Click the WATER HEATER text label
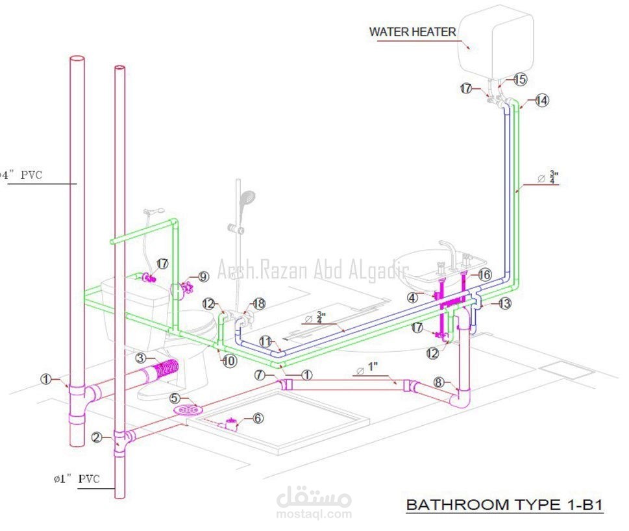tap(412, 32)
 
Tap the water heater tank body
tap(495, 42)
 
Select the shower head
tap(247, 199)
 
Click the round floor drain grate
tap(187, 410)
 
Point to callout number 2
tap(97, 437)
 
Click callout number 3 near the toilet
tap(141, 358)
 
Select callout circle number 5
tap(175, 397)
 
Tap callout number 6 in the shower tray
tap(258, 418)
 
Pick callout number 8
tap(438, 382)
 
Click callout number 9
tap(203, 277)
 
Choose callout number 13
tap(504, 303)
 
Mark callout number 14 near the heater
tap(541, 101)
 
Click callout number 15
tap(520, 79)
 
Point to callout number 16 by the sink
tap(484, 275)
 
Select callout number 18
tap(259, 303)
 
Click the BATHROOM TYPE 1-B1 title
tap(504, 504)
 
